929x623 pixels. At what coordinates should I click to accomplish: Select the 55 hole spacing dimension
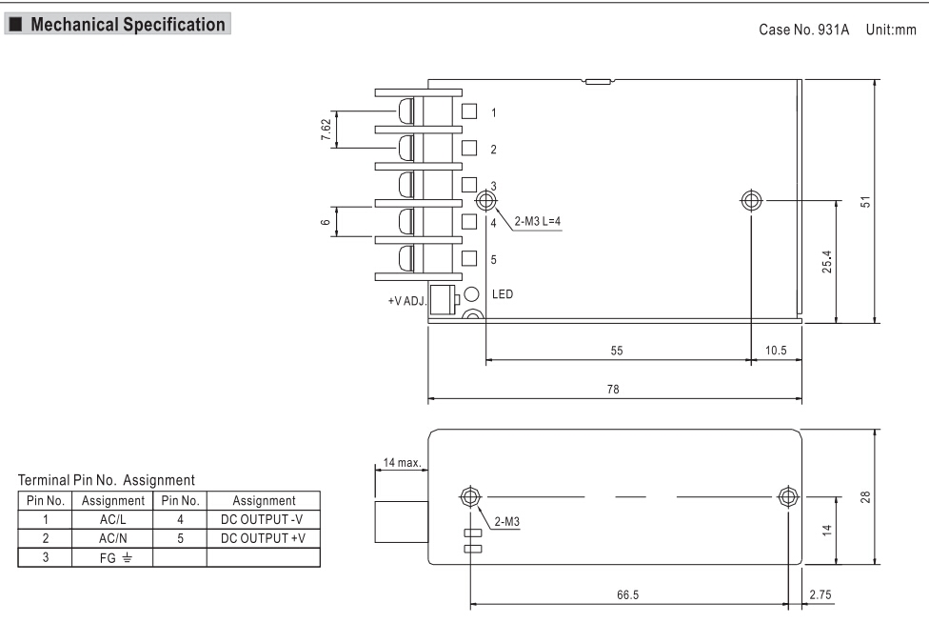pyautogui.click(x=617, y=351)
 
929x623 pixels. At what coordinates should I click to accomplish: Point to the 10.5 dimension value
pyautogui.click(x=777, y=351)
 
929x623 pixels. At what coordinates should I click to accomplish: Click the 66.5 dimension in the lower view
pyautogui.click(x=628, y=593)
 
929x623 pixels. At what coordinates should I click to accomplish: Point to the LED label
pyautogui.click(x=502, y=294)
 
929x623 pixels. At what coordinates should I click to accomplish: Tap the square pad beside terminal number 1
pyautogui.click(x=468, y=111)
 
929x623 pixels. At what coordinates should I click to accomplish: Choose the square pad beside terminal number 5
pyautogui.click(x=468, y=257)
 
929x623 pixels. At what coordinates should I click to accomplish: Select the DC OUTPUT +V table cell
pyautogui.click(x=263, y=536)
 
